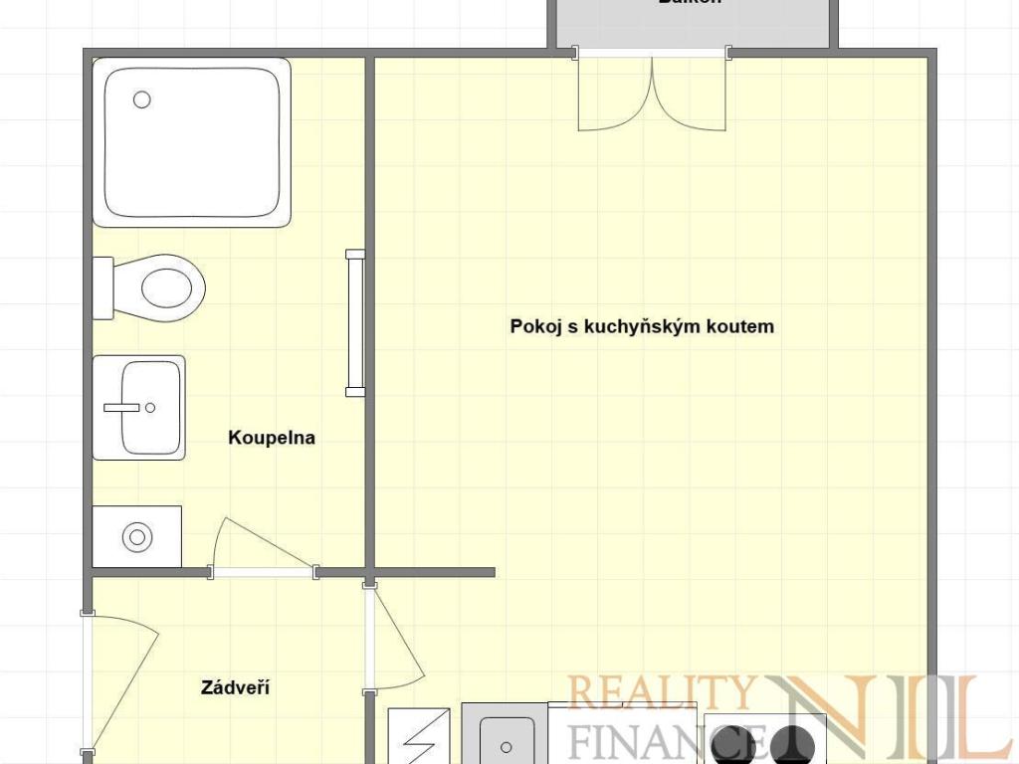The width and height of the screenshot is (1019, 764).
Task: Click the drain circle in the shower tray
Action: click(142, 99)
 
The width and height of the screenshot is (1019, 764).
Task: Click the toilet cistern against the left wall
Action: click(102, 288)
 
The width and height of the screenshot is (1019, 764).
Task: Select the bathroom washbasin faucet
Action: click(124, 407)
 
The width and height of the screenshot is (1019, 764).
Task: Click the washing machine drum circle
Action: click(136, 537)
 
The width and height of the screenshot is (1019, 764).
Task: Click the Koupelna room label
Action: click(272, 437)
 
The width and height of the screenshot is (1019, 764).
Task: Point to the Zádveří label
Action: click(236, 687)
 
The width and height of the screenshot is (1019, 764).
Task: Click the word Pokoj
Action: click(535, 326)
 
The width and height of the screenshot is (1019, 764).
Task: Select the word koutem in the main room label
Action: click(741, 326)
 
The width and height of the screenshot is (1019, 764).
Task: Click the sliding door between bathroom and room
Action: click(355, 323)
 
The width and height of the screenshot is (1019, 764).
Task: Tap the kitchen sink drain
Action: click(507, 745)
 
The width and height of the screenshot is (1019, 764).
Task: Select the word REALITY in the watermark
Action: click(659, 692)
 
